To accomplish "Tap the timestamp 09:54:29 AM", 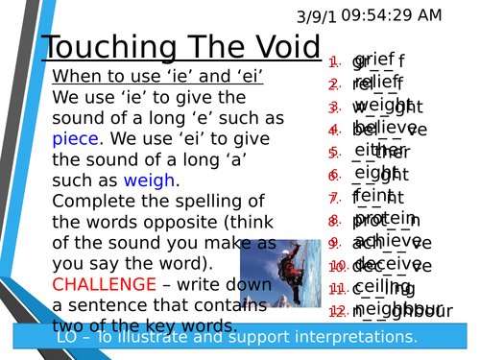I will pos(391,14).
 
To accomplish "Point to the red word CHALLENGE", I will pos(104,284).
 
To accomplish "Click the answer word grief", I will pos(374,59).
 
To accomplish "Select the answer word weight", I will pos(381,105).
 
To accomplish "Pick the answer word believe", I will pos(384,126).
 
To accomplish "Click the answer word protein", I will pos(384,218).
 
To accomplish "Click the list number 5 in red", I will pos(333,153).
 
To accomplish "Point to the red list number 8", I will pos(333,221).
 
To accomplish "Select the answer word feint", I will pos(374,195).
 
